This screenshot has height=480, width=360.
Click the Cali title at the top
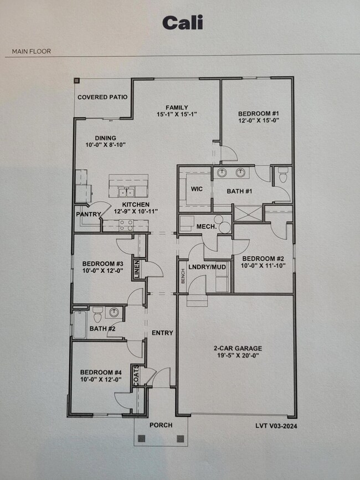(x=182, y=23)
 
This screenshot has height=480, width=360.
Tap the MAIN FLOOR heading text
(x=31, y=51)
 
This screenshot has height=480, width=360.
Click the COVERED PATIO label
(x=102, y=97)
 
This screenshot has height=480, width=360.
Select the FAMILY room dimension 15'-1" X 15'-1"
(x=177, y=114)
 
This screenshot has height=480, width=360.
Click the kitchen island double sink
(x=127, y=193)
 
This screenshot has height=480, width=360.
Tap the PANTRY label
(x=89, y=214)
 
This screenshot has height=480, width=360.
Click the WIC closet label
(x=197, y=189)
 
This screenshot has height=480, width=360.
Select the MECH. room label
(x=207, y=227)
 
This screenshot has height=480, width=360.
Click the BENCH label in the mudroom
(x=183, y=276)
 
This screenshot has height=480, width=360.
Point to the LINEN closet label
(x=137, y=270)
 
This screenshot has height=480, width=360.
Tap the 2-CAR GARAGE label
(x=238, y=348)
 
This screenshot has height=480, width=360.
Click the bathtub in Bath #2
(x=80, y=324)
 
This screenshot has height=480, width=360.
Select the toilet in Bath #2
(x=97, y=314)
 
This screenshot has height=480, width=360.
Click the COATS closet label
(x=136, y=375)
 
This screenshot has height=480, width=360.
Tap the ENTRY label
(x=162, y=333)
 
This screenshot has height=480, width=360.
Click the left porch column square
(x=142, y=438)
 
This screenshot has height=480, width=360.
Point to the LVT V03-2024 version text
(x=276, y=426)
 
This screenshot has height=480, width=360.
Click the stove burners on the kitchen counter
(x=126, y=225)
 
